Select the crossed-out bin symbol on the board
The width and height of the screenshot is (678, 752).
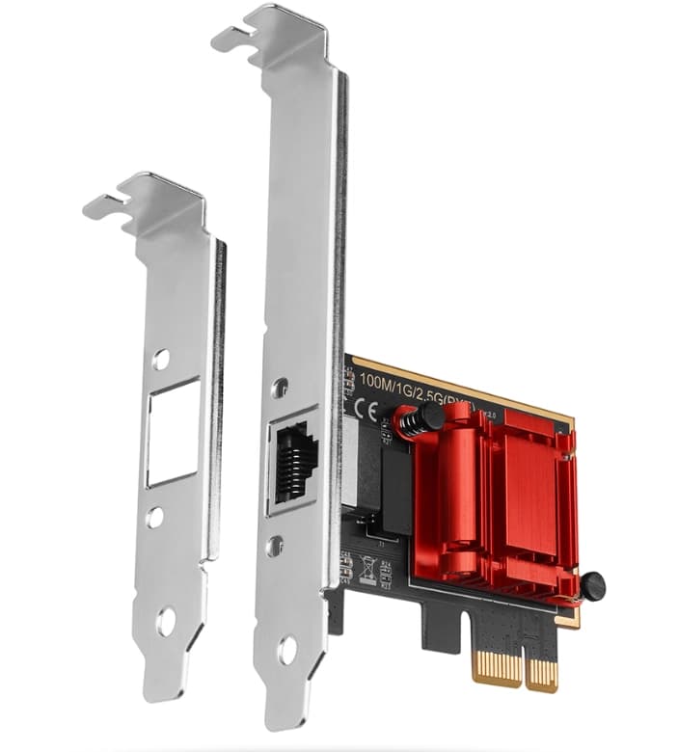tap(366, 568)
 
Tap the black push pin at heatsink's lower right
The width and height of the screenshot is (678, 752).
tap(591, 583)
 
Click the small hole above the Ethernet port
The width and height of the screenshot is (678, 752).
tap(280, 388)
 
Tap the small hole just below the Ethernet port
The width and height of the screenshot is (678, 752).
tap(276, 545)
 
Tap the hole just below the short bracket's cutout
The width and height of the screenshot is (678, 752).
tap(154, 518)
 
